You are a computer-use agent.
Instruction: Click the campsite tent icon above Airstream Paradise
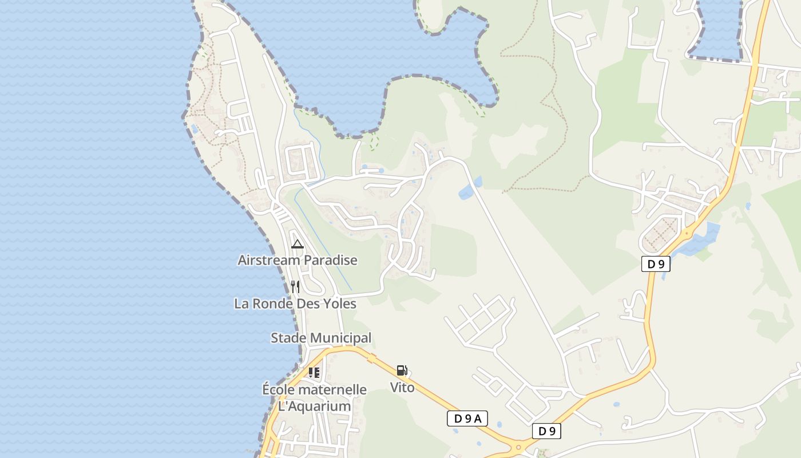297,244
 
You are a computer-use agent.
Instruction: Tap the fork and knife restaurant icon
295,287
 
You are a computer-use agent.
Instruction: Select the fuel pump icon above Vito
402,370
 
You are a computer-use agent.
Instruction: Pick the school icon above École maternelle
314,373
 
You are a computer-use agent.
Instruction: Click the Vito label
402,388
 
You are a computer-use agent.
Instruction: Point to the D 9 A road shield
467,418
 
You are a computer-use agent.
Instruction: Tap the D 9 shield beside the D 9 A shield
546,431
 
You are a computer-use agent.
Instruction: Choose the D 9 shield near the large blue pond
656,264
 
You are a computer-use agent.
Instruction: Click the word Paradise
330,260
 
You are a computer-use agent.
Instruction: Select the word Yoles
340,304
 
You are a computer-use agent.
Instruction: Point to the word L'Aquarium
314,406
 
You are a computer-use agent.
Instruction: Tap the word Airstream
269,260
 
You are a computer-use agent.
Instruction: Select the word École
279,390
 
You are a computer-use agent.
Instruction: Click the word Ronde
275,304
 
